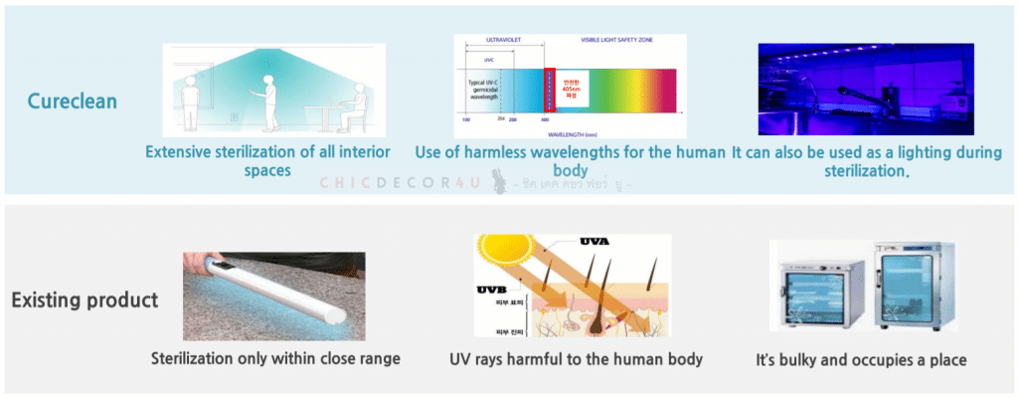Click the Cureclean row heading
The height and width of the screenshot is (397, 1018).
pos(71,100)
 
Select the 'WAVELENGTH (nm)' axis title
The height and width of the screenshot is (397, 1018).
pos(568,131)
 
